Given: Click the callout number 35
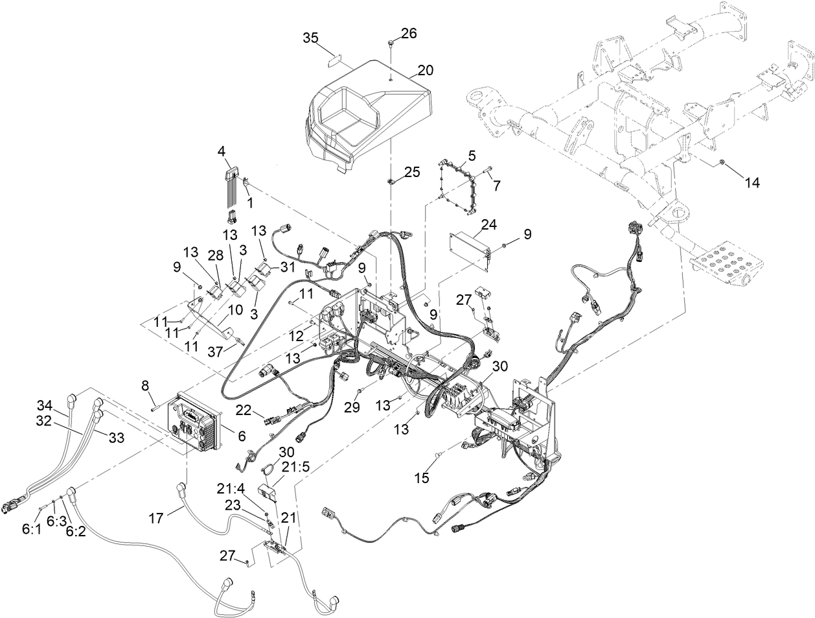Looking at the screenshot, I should [x=311, y=38].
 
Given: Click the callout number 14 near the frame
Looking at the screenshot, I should [x=752, y=183].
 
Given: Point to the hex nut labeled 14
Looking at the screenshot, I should [x=722, y=162].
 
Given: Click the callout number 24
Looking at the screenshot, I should [x=489, y=224].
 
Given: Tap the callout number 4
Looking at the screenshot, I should [x=222, y=152].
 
